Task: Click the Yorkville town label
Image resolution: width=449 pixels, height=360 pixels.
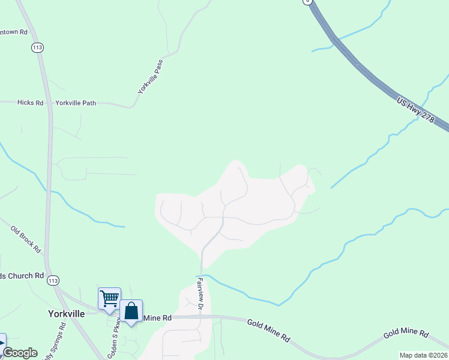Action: click(x=65, y=313)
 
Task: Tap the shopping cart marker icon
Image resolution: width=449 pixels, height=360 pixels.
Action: click(x=109, y=298)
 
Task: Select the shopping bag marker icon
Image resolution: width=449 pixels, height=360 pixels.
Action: click(x=131, y=311)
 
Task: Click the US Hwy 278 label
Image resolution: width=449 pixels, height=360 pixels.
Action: click(x=415, y=109)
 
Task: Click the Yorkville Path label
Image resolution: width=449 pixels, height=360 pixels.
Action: click(x=76, y=103)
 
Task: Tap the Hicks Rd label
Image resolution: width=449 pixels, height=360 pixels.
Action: click(x=31, y=103)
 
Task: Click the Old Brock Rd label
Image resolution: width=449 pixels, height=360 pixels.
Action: click(x=26, y=239)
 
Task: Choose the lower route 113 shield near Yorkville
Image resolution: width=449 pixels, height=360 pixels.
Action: click(x=53, y=280)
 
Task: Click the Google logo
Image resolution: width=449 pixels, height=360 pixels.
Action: click(x=20, y=353)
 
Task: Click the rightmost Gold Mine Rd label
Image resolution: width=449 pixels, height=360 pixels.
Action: click(x=406, y=333)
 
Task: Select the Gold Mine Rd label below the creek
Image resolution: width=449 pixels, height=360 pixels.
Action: click(x=268, y=331)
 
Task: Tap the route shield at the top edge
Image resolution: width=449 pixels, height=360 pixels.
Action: click(x=308, y=2)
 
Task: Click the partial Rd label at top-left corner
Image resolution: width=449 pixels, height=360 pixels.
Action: click(x=14, y=31)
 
